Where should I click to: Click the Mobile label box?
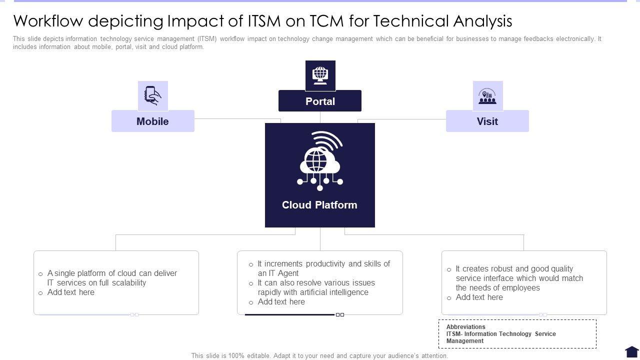point(152,121)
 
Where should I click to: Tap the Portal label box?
point(320,101)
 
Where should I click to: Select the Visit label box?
point(487,121)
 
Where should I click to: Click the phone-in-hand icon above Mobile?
point(153,95)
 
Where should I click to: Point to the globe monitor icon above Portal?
point(320,75)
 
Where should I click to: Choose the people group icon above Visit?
point(487,96)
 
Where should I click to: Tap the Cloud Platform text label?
point(319,205)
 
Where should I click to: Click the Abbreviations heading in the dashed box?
point(465,327)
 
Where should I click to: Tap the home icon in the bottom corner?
point(632,352)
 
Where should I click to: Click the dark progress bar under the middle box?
point(289,314)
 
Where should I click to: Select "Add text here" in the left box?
point(70,292)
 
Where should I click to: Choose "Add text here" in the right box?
point(479,297)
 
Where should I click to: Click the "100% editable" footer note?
point(319,356)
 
